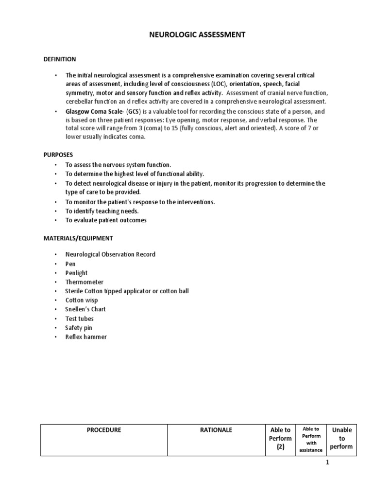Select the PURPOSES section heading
[55, 154]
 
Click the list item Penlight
[76, 273]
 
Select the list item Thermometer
[84, 282]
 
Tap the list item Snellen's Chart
[85, 309]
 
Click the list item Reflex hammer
[86, 337]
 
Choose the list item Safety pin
[79, 328]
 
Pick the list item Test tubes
[80, 319]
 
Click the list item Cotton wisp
[82, 300]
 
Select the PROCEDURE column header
[104, 430]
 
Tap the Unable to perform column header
[341, 438]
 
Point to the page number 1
[327, 462]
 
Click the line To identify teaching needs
[102, 211]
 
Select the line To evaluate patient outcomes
[106, 220]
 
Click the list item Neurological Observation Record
[110, 254]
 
